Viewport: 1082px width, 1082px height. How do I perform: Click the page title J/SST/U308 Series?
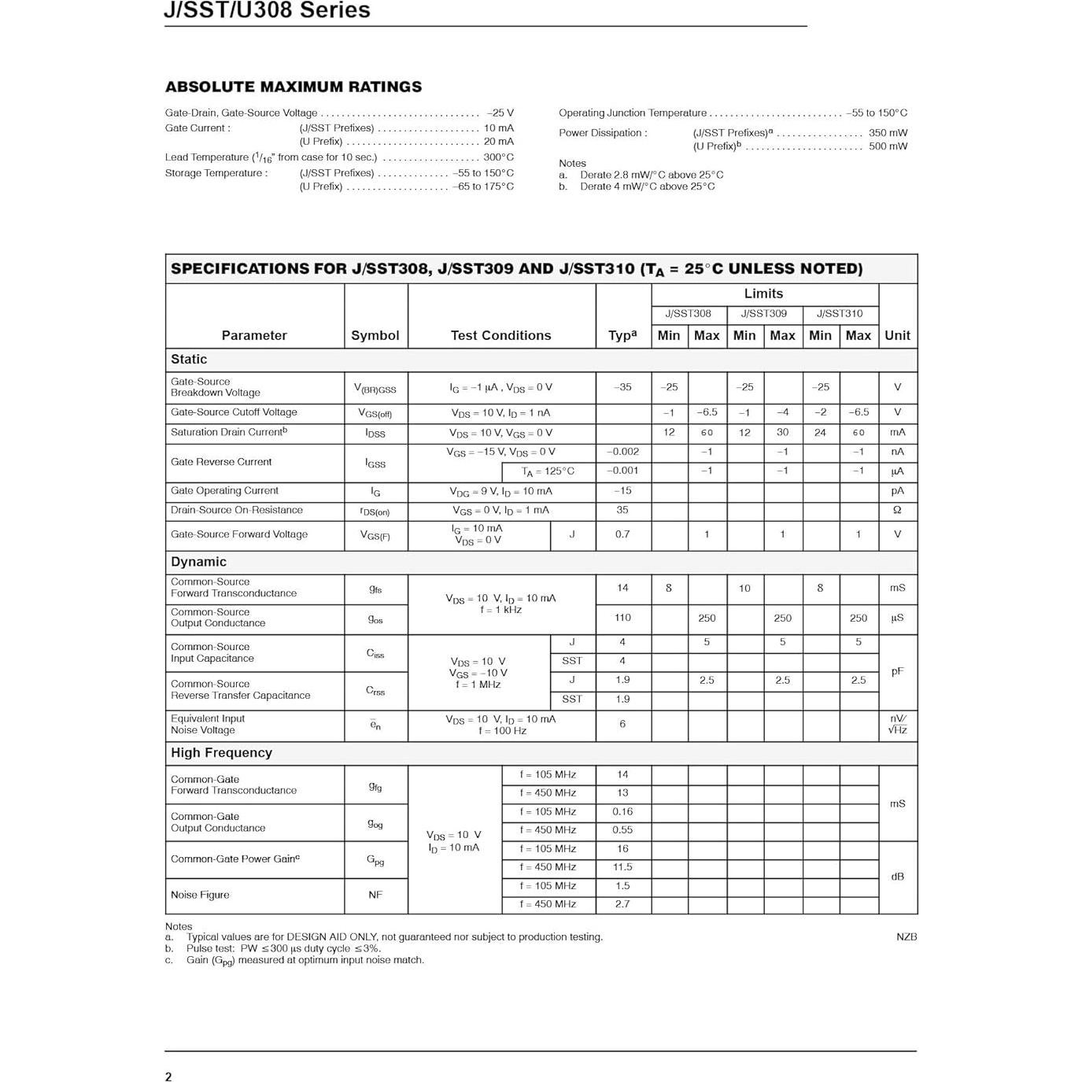point(267,10)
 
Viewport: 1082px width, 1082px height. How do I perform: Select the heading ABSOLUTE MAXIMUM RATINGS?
point(293,87)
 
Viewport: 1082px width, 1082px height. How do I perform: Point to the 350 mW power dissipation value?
point(888,133)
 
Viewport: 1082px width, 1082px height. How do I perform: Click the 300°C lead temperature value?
point(498,157)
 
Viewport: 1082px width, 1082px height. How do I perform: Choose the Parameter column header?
point(254,335)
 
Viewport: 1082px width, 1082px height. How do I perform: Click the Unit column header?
point(897,335)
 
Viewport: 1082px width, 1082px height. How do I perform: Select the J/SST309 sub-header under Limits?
point(763,313)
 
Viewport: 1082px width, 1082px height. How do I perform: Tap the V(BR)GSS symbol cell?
point(375,388)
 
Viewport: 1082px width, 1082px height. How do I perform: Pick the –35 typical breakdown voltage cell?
point(622,387)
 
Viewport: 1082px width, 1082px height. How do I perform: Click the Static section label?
point(189,359)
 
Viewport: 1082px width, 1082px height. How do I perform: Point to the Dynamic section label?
point(198,562)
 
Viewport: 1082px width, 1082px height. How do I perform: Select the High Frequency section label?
point(221,752)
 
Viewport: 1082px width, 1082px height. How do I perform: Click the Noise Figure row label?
point(200,895)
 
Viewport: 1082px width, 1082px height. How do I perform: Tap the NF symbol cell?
point(375,895)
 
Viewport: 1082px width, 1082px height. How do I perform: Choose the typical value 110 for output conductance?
point(622,618)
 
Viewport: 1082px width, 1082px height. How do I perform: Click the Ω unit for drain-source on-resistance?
point(897,510)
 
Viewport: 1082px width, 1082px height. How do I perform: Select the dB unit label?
point(897,877)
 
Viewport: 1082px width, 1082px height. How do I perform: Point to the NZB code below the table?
point(907,936)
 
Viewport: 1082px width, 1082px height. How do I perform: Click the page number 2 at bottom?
point(168,1076)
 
